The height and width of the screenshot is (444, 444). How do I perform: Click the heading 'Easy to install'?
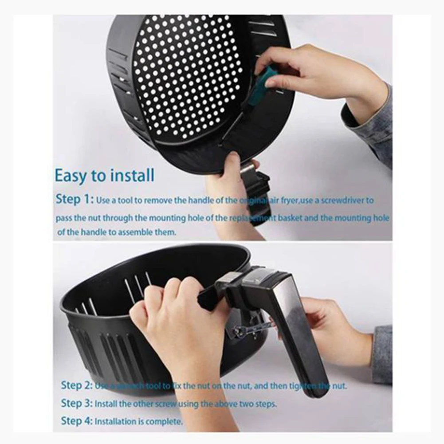105,176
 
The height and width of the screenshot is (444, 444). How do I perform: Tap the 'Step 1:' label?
75,200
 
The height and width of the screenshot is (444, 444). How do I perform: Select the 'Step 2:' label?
77,385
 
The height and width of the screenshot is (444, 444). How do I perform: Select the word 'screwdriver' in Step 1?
337,200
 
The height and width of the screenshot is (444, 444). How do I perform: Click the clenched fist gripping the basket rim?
177,319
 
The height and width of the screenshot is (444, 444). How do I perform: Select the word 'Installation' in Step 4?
116,421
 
